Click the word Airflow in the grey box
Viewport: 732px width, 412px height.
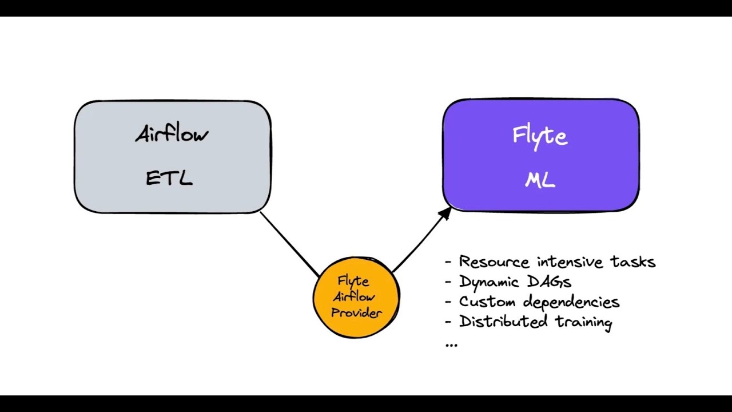click(172, 134)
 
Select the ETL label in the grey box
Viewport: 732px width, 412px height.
click(169, 178)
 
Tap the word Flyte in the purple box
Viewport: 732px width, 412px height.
click(540, 136)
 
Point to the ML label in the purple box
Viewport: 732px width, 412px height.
click(540, 180)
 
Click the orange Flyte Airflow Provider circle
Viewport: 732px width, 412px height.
click(356, 298)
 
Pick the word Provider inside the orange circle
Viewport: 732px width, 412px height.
click(356, 312)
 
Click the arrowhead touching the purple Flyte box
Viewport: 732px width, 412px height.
click(445, 213)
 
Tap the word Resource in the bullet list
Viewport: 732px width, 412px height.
click(494, 262)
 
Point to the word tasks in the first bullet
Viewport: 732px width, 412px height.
click(634, 262)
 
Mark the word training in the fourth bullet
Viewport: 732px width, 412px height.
click(584, 322)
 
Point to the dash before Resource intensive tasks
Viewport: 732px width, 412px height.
click(448, 263)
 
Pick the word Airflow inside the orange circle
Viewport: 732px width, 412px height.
click(354, 297)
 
